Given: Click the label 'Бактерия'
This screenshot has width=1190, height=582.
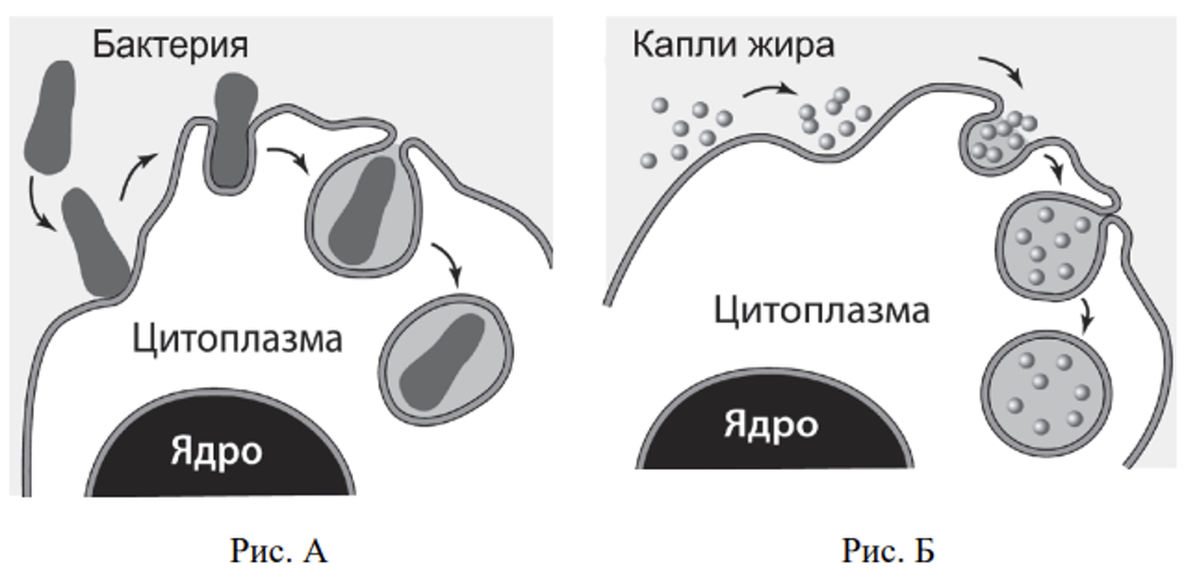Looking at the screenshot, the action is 171,46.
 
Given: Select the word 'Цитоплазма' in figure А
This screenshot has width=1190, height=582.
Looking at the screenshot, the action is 237,340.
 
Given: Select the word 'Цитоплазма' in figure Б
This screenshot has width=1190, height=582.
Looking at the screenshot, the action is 822,311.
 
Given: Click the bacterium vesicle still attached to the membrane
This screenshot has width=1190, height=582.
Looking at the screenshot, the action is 364,212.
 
